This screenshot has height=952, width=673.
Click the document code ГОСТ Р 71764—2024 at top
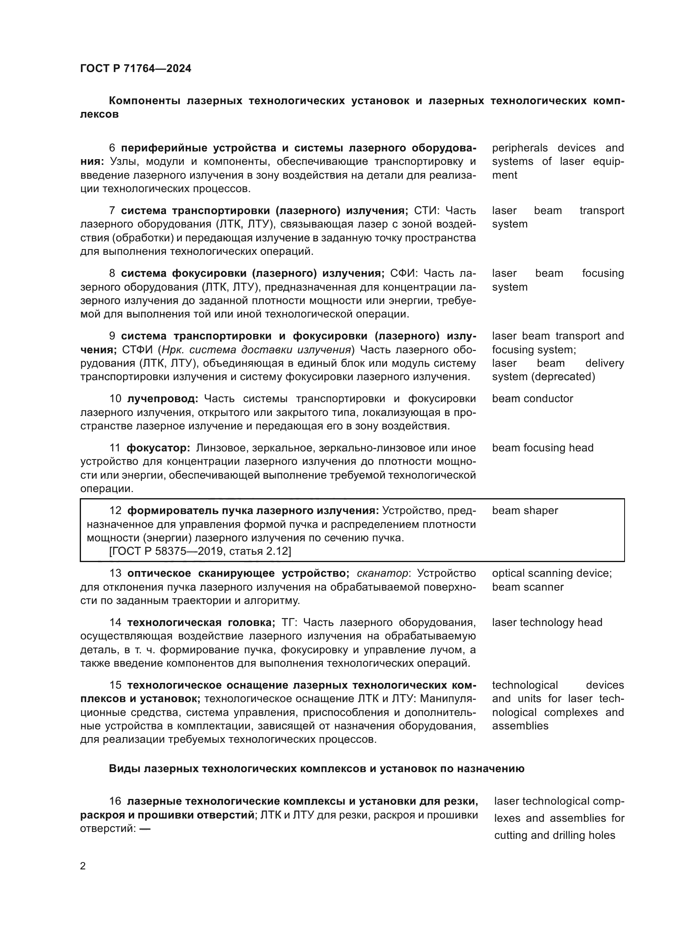pyautogui.click(x=135, y=68)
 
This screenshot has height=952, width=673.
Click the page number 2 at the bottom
pyautogui.click(x=83, y=866)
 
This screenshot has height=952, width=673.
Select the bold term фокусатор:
pyautogui.click(x=158, y=448)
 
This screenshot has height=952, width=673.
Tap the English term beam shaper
pyautogui.click(x=524, y=510)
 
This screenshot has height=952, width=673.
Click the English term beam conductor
pyautogui.click(x=532, y=399)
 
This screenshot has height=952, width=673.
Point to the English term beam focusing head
pyautogui.click(x=542, y=448)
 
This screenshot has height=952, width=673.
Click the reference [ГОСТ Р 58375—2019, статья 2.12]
pyautogui.click(x=200, y=551)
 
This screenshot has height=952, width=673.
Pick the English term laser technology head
pyautogui.click(x=547, y=622)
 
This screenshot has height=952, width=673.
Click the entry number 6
pyautogui.click(x=112, y=148)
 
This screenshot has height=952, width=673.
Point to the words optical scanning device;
pyautogui.click(x=552, y=573)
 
